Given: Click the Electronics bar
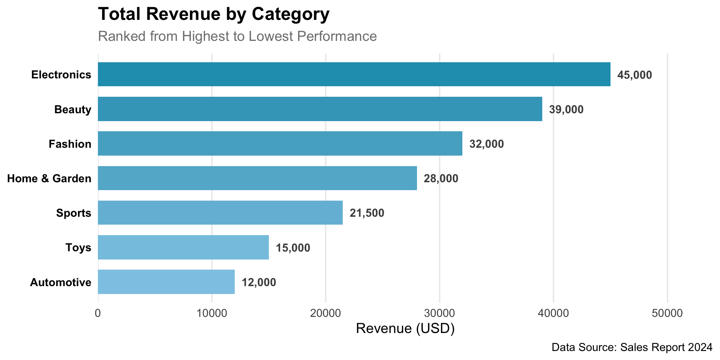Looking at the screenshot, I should pyautogui.click(x=354, y=74).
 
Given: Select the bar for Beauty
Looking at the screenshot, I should pyautogui.click(x=320, y=109).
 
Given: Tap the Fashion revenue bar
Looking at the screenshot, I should pyautogui.click(x=280, y=143).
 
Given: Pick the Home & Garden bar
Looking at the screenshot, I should pyautogui.click(x=257, y=178).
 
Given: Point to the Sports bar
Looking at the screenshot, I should pyautogui.click(x=220, y=213).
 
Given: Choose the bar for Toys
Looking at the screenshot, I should pyautogui.click(x=183, y=247).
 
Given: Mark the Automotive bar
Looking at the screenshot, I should pyautogui.click(x=166, y=282).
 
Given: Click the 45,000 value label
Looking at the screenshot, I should pyautogui.click(x=634, y=75).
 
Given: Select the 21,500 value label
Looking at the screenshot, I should pyautogui.click(x=367, y=213).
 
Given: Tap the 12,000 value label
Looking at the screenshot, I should pyautogui.click(x=259, y=282).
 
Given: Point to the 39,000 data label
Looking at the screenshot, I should pyautogui.click(x=566, y=109).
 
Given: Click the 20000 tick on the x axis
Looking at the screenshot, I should pyautogui.click(x=325, y=313).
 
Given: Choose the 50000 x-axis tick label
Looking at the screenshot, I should pyautogui.click(x=667, y=313).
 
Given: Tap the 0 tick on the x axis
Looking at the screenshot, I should pyautogui.click(x=98, y=313).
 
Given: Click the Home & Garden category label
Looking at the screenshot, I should pyautogui.click(x=49, y=178).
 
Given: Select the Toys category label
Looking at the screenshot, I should pyautogui.click(x=78, y=247).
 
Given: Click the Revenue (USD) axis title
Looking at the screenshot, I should pyautogui.click(x=405, y=328).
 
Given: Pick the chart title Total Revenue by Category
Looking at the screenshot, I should pyautogui.click(x=214, y=14).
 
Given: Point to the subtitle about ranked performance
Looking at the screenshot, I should pyautogui.click(x=237, y=36).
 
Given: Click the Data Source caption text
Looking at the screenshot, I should pyautogui.click(x=632, y=347).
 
